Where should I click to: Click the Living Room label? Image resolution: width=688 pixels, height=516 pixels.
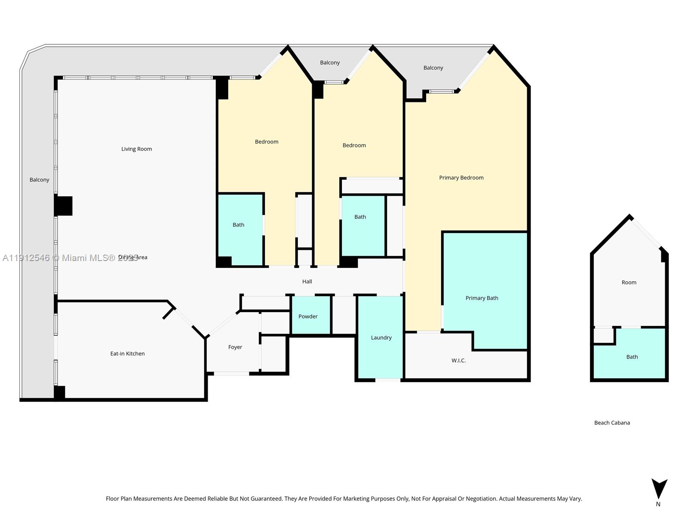(x=136, y=149)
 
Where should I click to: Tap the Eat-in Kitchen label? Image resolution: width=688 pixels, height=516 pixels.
(x=127, y=354)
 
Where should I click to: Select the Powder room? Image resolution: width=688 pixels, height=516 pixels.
(x=308, y=316)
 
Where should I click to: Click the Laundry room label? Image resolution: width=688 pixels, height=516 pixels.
(x=381, y=338)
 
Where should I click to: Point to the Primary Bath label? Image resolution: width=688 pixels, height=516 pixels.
(x=482, y=298)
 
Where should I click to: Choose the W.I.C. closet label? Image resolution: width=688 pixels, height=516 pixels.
(x=458, y=361)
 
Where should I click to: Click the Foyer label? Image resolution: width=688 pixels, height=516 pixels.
(x=235, y=347)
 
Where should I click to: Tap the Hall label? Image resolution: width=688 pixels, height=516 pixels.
(x=307, y=282)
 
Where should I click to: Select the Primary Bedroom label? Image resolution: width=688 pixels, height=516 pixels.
(x=461, y=178)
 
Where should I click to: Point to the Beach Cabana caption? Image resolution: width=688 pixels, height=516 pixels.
(x=612, y=423)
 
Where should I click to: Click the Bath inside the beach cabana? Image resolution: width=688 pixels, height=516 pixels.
(x=632, y=357)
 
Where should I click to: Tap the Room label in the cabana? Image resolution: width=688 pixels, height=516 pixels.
(x=629, y=283)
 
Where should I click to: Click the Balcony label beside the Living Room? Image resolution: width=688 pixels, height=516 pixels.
(x=39, y=180)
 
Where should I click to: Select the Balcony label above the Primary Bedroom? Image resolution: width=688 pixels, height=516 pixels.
(x=433, y=68)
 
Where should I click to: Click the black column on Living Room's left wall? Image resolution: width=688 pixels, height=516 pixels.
(x=64, y=206)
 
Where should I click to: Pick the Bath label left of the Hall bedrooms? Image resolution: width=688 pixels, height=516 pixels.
(x=238, y=225)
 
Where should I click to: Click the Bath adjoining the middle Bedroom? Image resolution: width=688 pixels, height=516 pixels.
(x=360, y=217)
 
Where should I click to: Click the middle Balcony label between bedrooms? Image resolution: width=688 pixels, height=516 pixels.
(x=330, y=63)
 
